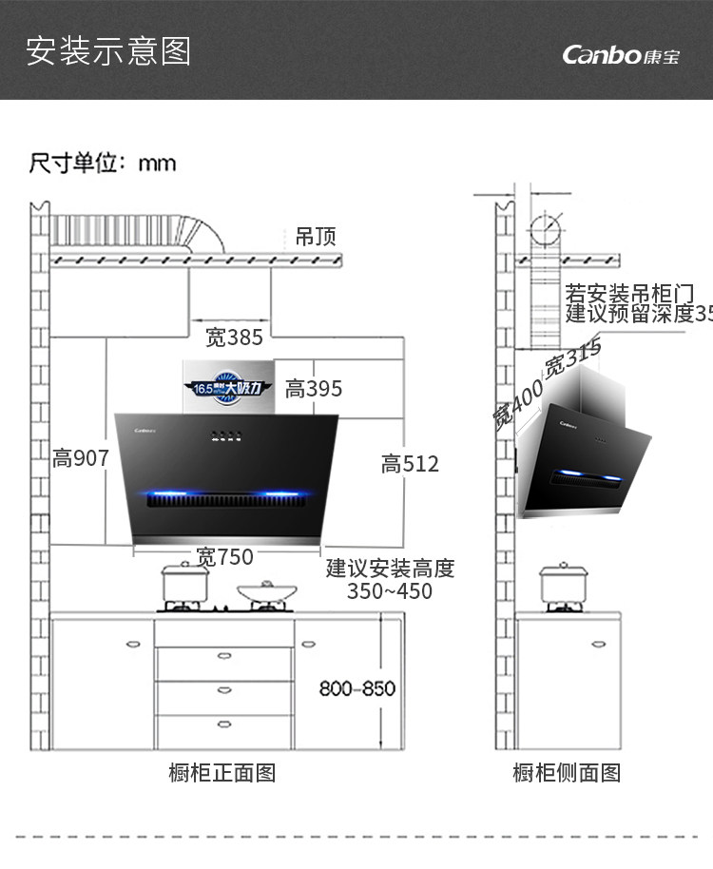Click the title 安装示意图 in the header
(108, 50)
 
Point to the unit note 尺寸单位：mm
(103, 163)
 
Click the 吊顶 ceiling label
(316, 237)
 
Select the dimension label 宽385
(234, 337)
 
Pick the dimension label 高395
(314, 389)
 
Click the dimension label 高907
(81, 458)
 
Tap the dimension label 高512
(410, 464)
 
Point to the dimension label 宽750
(224, 557)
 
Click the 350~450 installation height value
(390, 591)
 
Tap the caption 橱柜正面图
(222, 773)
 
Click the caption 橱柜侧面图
(567, 773)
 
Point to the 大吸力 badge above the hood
(227, 388)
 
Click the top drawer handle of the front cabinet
(224, 655)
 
